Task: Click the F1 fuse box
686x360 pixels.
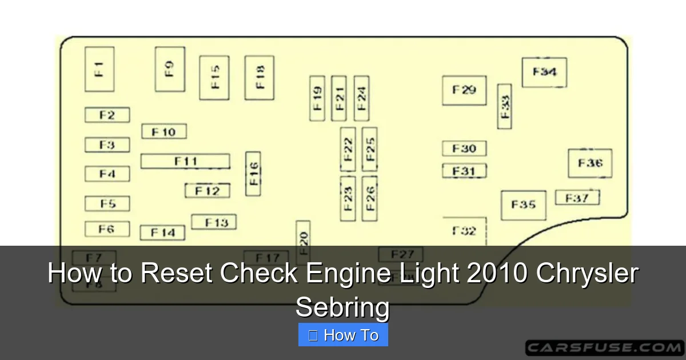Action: [x=99, y=69]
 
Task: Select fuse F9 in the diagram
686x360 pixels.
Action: [x=170, y=69]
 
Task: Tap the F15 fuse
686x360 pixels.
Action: [x=214, y=78]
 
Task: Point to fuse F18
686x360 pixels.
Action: [x=260, y=78]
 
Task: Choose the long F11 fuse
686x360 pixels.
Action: [x=186, y=161]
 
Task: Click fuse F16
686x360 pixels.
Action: [x=253, y=174]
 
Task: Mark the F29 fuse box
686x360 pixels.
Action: [x=464, y=90]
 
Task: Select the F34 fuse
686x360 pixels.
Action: [x=544, y=73]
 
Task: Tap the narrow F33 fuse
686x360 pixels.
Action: [x=505, y=106]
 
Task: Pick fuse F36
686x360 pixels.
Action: [x=590, y=163]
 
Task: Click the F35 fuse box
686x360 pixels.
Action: [x=524, y=205]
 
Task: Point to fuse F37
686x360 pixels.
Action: [x=577, y=198]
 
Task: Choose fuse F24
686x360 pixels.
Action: [x=361, y=98]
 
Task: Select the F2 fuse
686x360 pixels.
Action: [x=107, y=115]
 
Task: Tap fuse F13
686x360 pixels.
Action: [x=214, y=222]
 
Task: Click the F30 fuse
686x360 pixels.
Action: [x=464, y=149]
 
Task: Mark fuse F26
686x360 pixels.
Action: [x=370, y=198]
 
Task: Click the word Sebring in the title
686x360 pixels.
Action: [x=342, y=308]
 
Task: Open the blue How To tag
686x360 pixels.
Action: [x=343, y=335]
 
